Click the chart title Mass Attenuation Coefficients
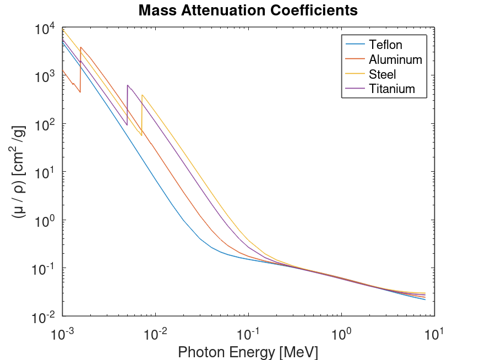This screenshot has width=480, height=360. pyautogui.click(x=248, y=10)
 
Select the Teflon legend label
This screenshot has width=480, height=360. pyautogui.click(x=386, y=45)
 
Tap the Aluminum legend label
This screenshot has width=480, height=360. pyautogui.click(x=395, y=59)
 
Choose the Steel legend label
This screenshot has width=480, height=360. pyautogui.click(x=383, y=74)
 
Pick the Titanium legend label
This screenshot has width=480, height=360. pyautogui.click(x=392, y=89)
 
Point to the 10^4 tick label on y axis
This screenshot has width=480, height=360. pyautogui.click(x=45, y=29)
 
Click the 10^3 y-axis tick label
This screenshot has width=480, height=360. pyautogui.click(x=45, y=77)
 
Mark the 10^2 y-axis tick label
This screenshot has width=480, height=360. pyautogui.click(x=45, y=124)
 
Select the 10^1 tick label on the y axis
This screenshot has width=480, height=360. pyautogui.click(x=45, y=172)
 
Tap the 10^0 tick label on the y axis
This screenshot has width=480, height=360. pyautogui.click(x=45, y=220)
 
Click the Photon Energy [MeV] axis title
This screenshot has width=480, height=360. pyautogui.click(x=248, y=351)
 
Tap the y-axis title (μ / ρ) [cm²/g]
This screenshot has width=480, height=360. pyautogui.click(x=18, y=172)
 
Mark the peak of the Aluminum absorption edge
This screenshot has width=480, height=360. pyautogui.click(x=81, y=47)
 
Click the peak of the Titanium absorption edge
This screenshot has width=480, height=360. pyautogui.click(x=127, y=85)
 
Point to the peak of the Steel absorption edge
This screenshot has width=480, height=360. pyautogui.click(x=142, y=95)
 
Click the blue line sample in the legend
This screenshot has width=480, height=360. pyautogui.click(x=355, y=45)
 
